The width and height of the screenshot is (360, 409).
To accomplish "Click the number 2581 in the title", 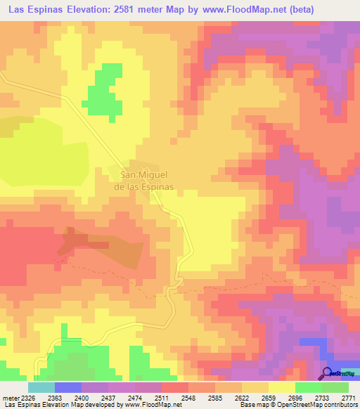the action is click(129, 9).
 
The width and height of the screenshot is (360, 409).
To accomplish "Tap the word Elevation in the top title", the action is click(84, 9).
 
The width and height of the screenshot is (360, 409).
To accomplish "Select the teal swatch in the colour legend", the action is click(41, 387).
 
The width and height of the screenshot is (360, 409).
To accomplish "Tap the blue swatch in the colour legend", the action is click(67, 387).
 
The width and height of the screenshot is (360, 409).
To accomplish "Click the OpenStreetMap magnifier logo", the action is click(328, 373).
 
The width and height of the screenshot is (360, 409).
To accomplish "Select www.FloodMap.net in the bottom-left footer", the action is click(143, 404).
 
